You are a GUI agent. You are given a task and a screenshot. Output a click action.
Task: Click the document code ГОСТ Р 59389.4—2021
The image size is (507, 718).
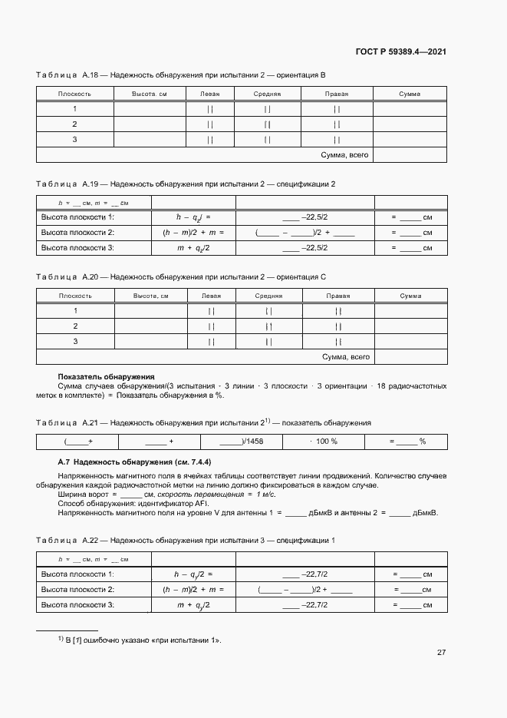pyautogui.click(x=400, y=51)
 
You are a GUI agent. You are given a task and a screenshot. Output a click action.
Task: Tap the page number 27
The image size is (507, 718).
pyautogui.click(x=441, y=652)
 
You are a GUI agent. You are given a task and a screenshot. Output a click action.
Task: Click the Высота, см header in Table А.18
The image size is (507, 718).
pyautogui.click(x=150, y=94)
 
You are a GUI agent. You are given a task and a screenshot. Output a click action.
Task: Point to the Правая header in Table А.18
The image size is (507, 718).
pyautogui.click(x=337, y=94)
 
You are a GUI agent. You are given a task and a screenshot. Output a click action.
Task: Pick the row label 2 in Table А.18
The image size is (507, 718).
pyautogui.click(x=74, y=124)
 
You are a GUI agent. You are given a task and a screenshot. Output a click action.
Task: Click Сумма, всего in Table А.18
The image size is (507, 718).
pyautogui.click(x=344, y=155)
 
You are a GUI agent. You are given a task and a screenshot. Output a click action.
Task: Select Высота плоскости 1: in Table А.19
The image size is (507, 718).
pyautogui.click(x=77, y=217)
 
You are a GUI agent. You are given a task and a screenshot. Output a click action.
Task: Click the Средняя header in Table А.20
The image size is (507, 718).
pyautogui.click(x=268, y=296)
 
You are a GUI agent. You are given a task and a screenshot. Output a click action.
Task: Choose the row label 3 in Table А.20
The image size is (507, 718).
pyautogui.click(x=75, y=341)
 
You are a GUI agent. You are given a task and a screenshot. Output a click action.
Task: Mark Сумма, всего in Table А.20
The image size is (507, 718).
pyautogui.click(x=346, y=357)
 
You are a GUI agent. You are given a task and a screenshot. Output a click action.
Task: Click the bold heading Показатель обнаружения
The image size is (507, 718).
pyautogui.click(x=107, y=377)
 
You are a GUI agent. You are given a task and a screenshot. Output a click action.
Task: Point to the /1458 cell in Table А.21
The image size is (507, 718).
pyautogui.click(x=241, y=442)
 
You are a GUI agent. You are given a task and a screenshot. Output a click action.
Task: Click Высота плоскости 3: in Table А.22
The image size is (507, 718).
pyautogui.click(x=77, y=605)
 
